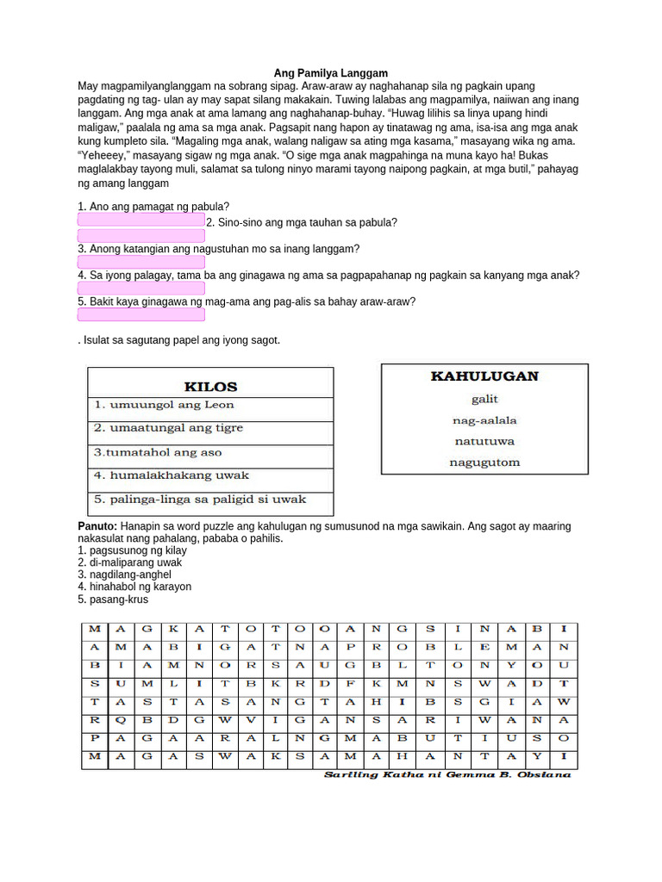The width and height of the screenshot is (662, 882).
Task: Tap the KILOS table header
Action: [210, 387]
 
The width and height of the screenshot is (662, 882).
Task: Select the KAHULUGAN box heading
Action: [484, 376]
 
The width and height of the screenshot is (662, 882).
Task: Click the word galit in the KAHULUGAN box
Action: [484, 399]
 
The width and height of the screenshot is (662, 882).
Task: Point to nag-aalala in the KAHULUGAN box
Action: [484, 420]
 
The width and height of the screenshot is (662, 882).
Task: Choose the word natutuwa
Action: [484, 441]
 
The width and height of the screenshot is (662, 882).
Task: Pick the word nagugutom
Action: [484, 463]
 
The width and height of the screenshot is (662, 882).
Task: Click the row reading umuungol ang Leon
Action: [165, 405]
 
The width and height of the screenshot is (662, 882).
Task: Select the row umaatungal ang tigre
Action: [169, 428]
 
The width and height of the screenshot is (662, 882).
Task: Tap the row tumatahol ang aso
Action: [159, 452]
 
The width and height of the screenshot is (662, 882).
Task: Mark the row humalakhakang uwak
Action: [172, 475]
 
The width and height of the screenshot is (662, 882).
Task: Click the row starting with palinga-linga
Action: [200, 500]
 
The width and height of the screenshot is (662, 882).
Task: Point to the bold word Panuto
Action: [97, 526]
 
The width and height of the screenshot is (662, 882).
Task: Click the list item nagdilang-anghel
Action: [124, 575]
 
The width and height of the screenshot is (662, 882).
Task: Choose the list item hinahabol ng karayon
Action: [134, 587]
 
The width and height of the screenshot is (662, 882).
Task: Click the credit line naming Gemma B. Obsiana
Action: [447, 775]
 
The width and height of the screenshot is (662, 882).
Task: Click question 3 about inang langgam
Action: [218, 248]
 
